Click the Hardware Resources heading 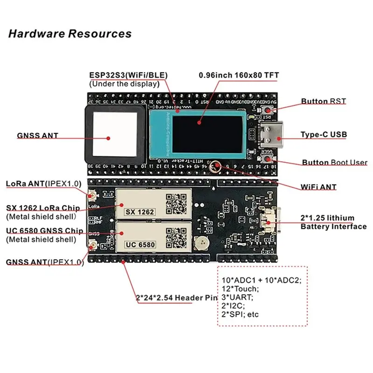point(70,34)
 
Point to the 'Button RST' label point(323,101)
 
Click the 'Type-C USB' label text point(324,135)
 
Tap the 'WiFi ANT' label point(318,187)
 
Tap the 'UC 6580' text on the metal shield point(139,244)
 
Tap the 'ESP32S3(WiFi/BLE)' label point(128,75)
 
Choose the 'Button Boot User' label point(334,163)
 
